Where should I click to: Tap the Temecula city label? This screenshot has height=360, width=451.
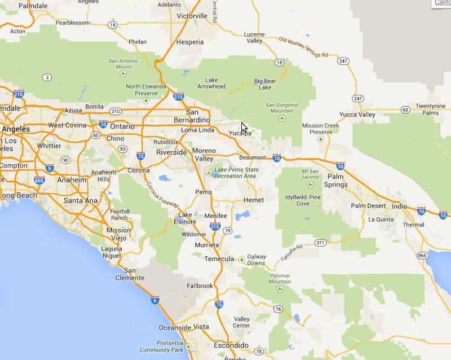(219, 259)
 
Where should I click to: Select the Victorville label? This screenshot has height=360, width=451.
(192, 16)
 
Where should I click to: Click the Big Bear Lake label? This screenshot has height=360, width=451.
(265, 84)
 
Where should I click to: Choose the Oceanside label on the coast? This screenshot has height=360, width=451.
(174, 327)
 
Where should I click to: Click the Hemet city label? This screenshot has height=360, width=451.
(253, 200)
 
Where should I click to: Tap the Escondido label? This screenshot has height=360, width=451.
(231, 345)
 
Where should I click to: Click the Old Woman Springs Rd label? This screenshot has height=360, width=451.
(303, 47)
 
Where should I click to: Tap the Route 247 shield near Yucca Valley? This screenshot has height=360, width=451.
(357, 98)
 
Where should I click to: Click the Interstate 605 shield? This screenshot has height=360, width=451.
(39, 180)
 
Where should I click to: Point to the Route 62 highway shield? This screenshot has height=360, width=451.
(405, 109)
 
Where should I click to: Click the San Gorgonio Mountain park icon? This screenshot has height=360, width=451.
(282, 118)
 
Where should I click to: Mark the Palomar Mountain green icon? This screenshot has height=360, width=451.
(280, 288)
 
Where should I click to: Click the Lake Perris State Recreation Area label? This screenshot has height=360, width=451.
(236, 173)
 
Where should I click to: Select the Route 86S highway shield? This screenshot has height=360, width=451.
(422, 256)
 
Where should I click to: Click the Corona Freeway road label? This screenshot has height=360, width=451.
(162, 195)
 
